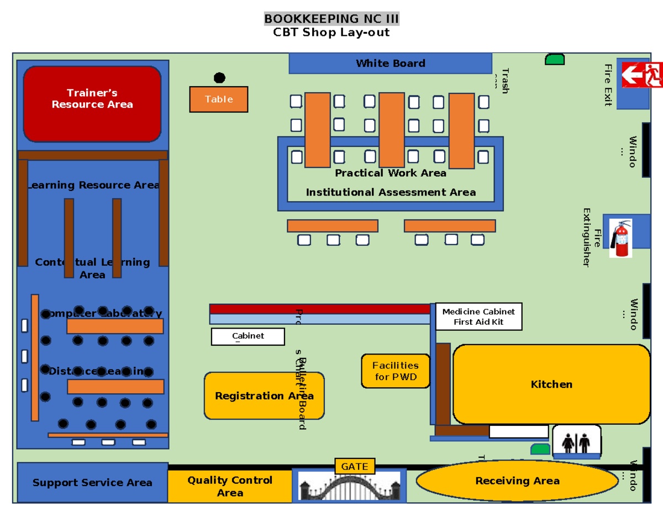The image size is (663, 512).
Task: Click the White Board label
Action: click(390, 63)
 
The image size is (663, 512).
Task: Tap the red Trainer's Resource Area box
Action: click(92, 103)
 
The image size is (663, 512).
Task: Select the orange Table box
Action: click(219, 99)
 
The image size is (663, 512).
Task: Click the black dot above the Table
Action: click(219, 78)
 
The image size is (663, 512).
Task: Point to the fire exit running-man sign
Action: click(641, 75)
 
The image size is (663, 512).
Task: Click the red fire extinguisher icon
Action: click(621, 238)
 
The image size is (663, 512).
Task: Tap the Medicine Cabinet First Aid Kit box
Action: click(478, 316)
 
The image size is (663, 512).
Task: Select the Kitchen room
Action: click(551, 384)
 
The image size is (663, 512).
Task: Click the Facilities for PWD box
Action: click(396, 371)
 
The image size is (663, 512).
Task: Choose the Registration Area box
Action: click(264, 395)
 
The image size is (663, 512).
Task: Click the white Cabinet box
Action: click(248, 336)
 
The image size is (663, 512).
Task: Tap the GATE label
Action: click(354, 466)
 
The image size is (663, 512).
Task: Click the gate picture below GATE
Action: click(349, 487)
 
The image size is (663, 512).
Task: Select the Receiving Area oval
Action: click(517, 481)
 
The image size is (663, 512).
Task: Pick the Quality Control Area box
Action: click(230, 486)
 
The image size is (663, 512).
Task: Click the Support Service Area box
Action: click(92, 482)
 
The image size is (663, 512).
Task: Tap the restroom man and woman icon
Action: click(576, 441)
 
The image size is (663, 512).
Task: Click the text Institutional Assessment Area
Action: click(391, 192)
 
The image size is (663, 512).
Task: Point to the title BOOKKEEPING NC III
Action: click(331, 19)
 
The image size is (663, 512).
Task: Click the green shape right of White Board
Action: click(555, 59)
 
